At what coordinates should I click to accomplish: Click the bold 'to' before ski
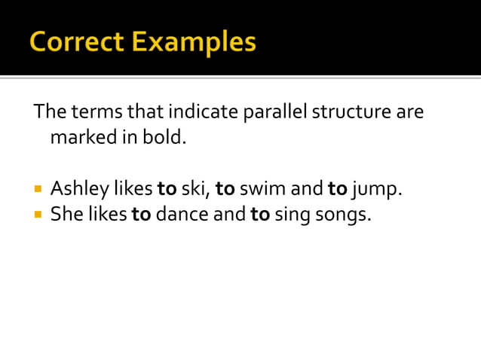tap(167, 188)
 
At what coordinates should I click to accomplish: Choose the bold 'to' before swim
tap(225, 188)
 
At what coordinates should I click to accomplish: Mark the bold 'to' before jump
tap(337, 188)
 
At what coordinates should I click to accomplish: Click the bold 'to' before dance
tap(141, 215)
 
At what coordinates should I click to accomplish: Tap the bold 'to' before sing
tap(260, 215)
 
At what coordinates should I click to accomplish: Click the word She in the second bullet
tap(66, 215)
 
